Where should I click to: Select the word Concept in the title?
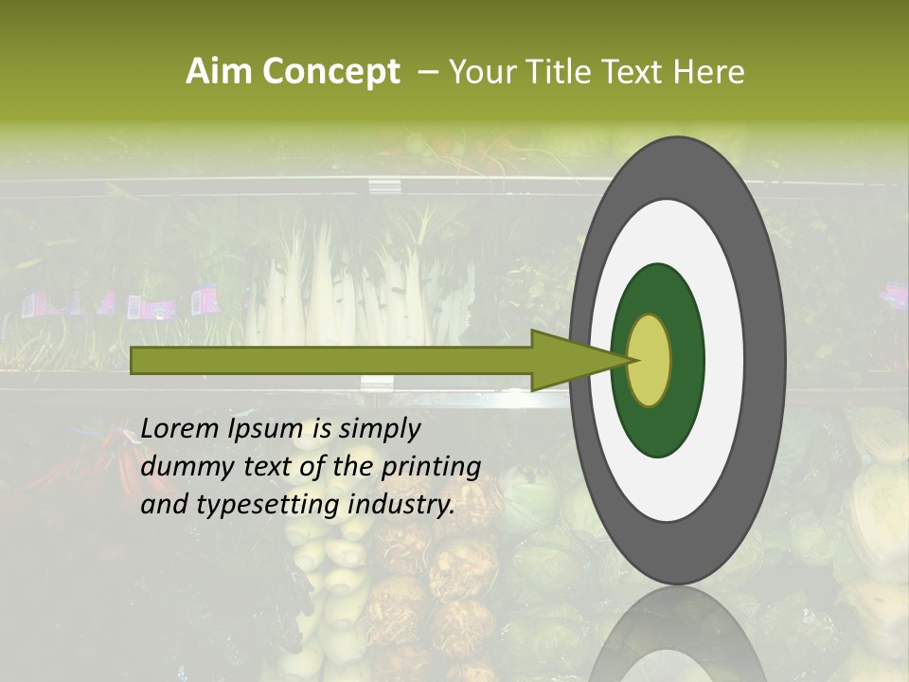(x=330, y=72)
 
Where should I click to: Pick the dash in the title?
(x=427, y=72)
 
